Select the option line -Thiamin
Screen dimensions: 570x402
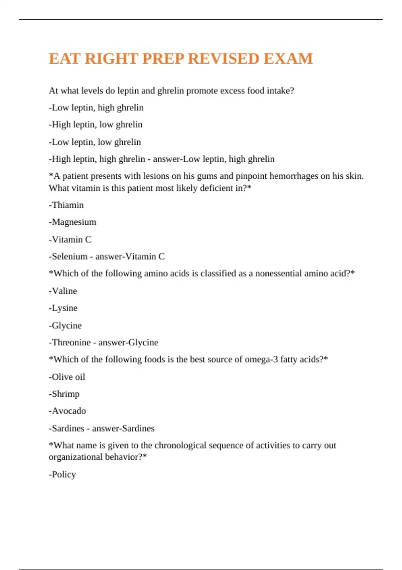(66, 205)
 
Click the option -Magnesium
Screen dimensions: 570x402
(72, 222)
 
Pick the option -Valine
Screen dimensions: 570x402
(63, 291)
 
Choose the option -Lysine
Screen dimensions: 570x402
(63, 308)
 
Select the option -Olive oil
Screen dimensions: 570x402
(67, 377)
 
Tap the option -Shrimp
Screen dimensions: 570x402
(64, 394)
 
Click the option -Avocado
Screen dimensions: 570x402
(67, 411)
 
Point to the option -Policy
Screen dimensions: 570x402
(63, 474)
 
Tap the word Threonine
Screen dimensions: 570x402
(71, 342)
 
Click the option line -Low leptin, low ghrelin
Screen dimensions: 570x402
(95, 142)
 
